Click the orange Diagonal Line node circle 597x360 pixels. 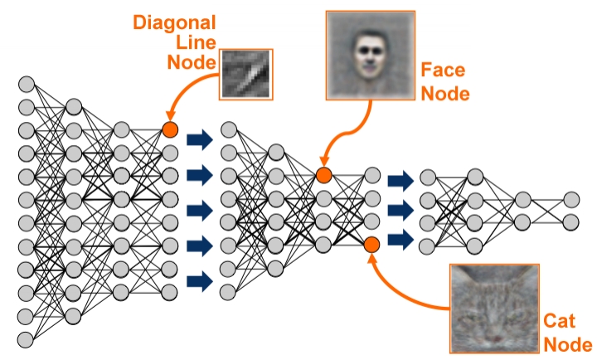[170, 130]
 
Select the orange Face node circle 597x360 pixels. [324, 175]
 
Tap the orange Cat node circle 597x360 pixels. [371, 245]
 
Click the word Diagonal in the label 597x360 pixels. [174, 22]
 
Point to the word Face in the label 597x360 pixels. [443, 71]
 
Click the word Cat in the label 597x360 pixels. [559, 321]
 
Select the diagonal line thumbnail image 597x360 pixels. [246, 75]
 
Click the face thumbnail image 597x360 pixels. [371, 56]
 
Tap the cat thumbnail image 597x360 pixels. [494, 309]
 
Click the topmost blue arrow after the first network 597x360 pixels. [200, 140]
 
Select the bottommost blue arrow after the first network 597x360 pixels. [200, 281]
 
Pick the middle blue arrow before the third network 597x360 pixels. [401, 210]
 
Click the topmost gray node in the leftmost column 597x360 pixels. [27, 84]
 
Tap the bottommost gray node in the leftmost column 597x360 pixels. [26, 339]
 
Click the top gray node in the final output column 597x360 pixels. [571, 200]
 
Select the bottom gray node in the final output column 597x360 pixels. [570, 222]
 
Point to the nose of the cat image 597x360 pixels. [494, 338]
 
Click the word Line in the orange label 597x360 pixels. [196, 42]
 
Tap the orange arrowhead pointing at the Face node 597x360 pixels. [324, 162]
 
